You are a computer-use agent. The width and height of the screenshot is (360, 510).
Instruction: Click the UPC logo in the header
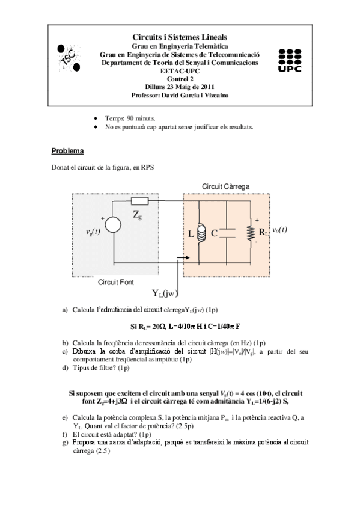[290, 60]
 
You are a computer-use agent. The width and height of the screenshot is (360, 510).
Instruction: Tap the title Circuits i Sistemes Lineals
[180, 37]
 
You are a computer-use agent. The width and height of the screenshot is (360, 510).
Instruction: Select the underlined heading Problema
[67, 150]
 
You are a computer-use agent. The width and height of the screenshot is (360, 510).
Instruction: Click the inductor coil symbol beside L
[203, 232]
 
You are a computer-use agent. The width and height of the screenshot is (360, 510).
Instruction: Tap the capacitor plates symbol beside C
[227, 233]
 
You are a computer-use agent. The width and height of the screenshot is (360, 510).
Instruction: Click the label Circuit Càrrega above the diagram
[226, 186]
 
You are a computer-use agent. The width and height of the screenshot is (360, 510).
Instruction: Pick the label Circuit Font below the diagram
[116, 281]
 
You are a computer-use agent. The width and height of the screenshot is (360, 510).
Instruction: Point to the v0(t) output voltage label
[280, 229]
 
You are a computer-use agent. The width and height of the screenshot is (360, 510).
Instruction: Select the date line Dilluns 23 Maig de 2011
[180, 87]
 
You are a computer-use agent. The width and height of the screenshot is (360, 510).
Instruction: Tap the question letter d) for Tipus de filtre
[65, 367]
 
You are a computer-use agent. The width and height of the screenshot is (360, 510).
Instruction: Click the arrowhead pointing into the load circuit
[180, 260]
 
